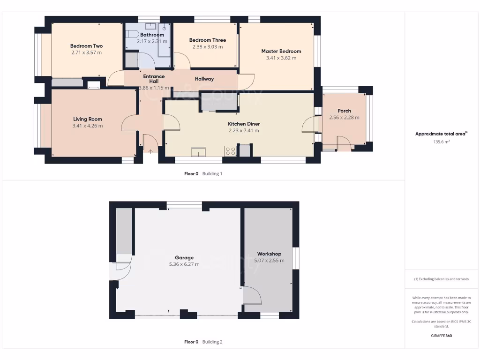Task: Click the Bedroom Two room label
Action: [86, 46]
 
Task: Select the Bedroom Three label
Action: [207, 40]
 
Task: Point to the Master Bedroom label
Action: [281, 51]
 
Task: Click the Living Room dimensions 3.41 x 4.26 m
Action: [87, 126]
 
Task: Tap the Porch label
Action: [344, 111]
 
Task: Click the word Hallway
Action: [204, 79]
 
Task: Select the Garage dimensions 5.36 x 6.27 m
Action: [184, 264]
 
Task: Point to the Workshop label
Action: [269, 254]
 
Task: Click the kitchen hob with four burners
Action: [231, 151]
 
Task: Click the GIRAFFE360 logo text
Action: [441, 336]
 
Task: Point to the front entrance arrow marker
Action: [150, 151]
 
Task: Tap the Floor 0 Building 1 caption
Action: [203, 174]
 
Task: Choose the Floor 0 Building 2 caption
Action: [203, 342]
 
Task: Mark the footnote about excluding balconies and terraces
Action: [441, 279]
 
